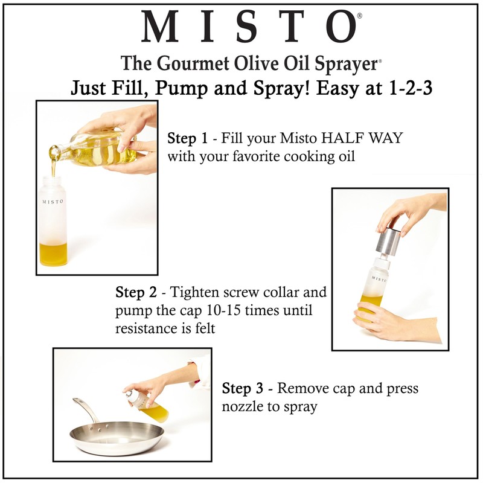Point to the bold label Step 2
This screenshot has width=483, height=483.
136,293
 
